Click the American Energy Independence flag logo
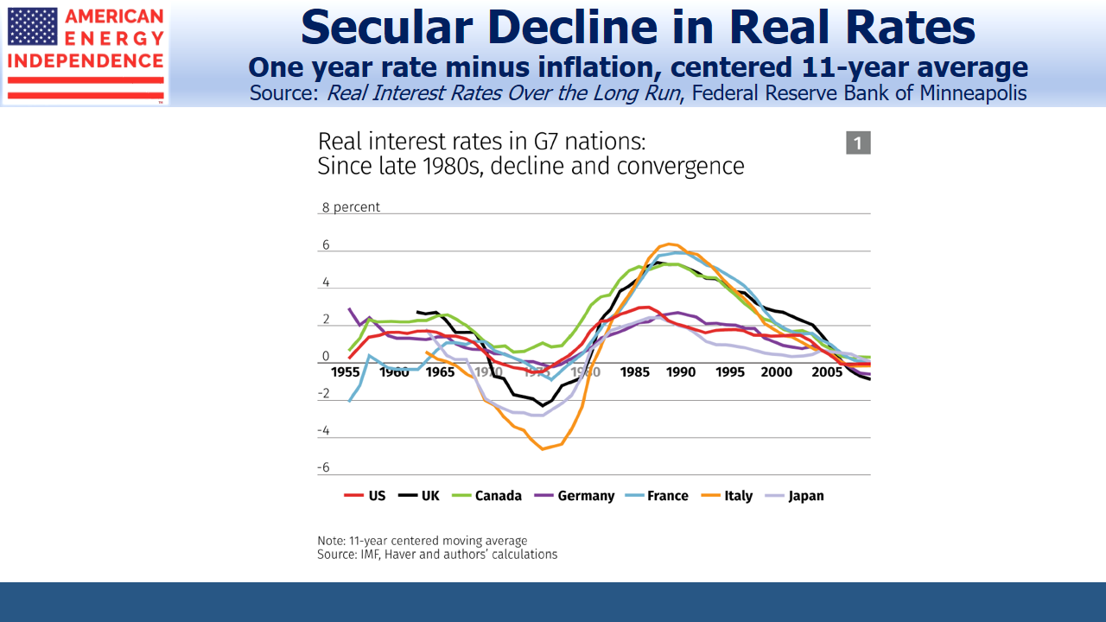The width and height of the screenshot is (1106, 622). pos(32,26)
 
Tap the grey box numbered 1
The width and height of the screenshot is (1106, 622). pos(858,143)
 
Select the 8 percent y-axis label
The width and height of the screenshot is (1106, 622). pos(351,207)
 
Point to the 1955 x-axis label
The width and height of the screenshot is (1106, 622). pos(346,372)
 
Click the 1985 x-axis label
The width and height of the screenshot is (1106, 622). pos(635,372)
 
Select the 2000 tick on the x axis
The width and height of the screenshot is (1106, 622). pos(777,372)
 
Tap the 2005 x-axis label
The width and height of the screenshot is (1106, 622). pos(825,372)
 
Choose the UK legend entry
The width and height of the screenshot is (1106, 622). pos(419,496)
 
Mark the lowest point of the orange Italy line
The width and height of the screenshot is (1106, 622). pos(543,448)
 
